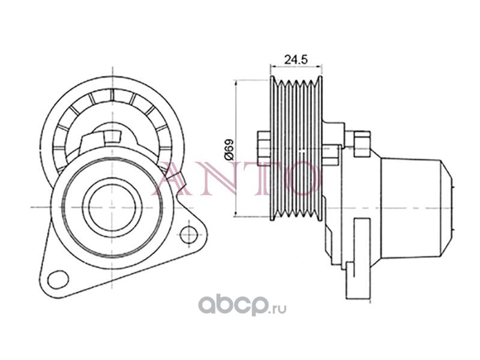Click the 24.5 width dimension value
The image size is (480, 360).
(296, 59)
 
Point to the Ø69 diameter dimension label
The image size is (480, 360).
(228, 148)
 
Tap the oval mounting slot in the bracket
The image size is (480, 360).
(58, 278)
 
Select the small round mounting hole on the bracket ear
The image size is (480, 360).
(189, 233)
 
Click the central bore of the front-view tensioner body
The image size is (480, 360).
(108, 206)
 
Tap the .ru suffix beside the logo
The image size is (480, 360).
(277, 309)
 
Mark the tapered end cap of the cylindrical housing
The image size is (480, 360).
(448, 205)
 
